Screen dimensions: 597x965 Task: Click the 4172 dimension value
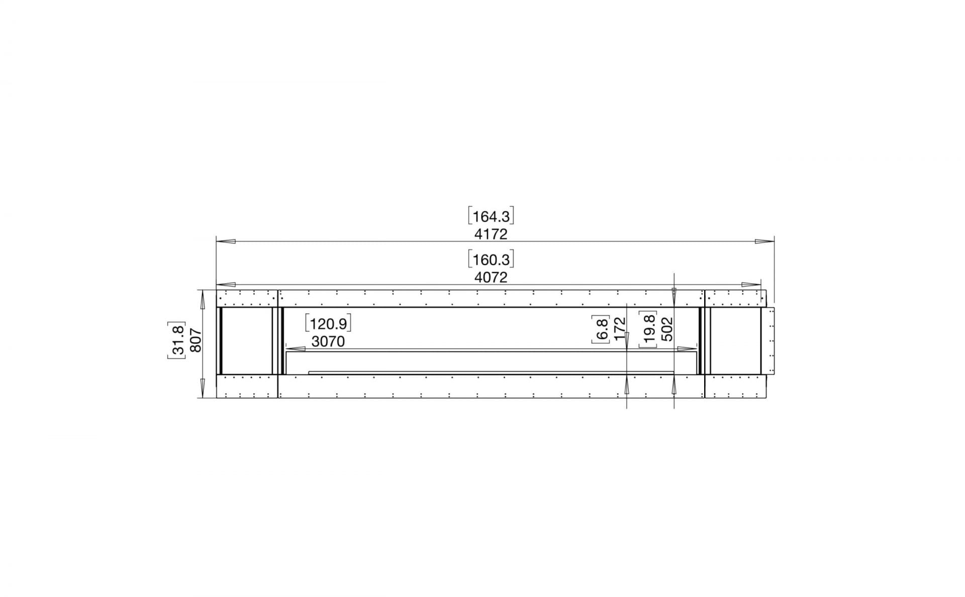[x=491, y=234]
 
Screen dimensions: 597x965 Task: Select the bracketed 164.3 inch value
[x=491, y=217]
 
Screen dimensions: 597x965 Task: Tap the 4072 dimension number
[x=491, y=278]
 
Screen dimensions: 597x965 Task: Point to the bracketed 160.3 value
[x=491, y=260]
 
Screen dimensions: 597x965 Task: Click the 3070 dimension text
[x=328, y=342]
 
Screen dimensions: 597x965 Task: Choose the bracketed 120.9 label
[x=328, y=323]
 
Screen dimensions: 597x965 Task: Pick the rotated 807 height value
[x=196, y=340]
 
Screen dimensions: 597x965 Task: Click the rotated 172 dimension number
[x=620, y=329]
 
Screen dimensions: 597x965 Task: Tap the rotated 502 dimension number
[x=666, y=329]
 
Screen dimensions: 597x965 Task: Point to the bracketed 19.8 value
[x=649, y=329]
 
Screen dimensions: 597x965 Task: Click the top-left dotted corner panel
[x=247, y=298]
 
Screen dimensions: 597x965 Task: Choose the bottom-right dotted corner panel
[x=735, y=386]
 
